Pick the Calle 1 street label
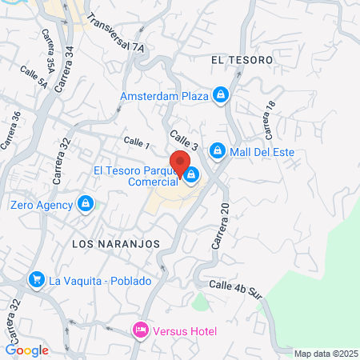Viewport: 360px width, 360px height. [136, 142]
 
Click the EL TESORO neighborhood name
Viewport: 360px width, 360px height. [242, 60]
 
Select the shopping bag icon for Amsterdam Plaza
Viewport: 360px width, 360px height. [222, 96]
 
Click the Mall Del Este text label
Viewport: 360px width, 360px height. [262, 151]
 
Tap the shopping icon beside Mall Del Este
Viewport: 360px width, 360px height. [217, 151]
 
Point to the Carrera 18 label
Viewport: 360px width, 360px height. [266, 119]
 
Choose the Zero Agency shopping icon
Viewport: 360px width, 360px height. [84, 205]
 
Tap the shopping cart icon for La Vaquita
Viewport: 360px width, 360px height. [36, 280]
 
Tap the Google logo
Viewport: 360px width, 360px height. [26, 350]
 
